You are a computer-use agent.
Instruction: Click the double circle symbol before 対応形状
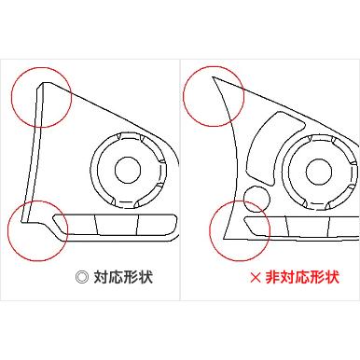(82, 277)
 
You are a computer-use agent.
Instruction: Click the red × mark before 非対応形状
(256, 278)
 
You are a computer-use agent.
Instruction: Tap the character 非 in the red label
(272, 277)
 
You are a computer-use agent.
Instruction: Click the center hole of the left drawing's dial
(128, 170)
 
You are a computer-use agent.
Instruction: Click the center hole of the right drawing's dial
(319, 172)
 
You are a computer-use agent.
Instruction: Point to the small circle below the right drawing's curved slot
(256, 199)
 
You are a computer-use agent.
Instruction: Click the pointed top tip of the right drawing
(212, 76)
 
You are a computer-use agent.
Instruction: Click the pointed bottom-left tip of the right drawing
(224, 238)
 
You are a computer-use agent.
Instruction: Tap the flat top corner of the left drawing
(44, 83)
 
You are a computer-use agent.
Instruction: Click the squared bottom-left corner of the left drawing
(21, 222)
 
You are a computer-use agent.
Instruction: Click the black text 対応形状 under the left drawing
(123, 277)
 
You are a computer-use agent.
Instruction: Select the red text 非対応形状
(302, 277)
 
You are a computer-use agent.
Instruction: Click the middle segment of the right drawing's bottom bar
(309, 227)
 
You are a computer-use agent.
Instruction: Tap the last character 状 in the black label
(145, 277)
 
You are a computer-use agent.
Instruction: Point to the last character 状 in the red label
(332, 277)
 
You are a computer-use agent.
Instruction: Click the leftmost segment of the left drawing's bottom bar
(76, 224)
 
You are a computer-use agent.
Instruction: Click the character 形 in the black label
(131, 277)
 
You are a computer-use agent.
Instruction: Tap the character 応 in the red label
(302, 277)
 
